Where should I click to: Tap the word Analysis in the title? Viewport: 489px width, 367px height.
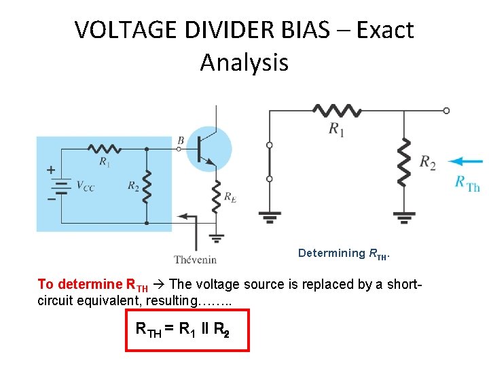click(x=244, y=63)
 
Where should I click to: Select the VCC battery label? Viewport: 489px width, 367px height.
click(x=85, y=186)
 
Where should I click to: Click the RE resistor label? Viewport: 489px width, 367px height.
click(x=230, y=198)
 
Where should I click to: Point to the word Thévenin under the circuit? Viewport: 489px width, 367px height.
click(x=195, y=259)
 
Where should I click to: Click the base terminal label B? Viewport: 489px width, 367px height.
click(x=180, y=140)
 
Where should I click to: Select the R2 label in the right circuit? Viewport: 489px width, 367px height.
click(x=428, y=162)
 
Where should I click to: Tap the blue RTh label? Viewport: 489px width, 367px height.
click(x=467, y=183)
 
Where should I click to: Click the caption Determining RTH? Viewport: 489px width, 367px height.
click(x=344, y=254)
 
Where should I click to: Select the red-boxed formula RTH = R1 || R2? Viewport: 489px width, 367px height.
click(x=187, y=330)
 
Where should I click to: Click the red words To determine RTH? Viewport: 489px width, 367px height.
click(x=92, y=284)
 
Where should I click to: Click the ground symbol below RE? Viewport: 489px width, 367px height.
click(x=217, y=238)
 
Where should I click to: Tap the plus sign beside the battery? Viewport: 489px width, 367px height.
click(x=51, y=170)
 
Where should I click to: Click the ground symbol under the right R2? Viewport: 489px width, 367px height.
click(x=404, y=217)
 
